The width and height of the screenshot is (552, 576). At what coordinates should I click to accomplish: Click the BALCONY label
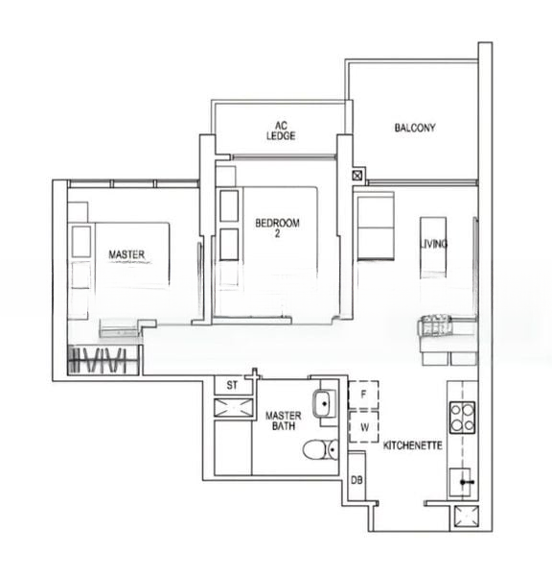415,128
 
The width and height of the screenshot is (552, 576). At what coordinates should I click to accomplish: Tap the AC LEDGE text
281,131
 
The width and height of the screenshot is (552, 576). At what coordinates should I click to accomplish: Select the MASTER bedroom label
126,254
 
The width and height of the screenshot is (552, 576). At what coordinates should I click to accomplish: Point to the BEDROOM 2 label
277,228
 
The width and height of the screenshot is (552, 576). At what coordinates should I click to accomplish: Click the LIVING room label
433,244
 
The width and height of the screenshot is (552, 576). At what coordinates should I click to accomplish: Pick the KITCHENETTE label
413,445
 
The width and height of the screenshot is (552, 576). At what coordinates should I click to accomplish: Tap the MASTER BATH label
283,420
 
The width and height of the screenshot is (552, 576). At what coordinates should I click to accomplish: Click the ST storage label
232,385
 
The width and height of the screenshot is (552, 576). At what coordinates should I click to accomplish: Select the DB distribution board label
356,480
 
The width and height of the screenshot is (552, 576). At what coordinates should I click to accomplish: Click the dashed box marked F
363,395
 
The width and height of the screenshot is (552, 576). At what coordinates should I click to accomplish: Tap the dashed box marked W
363,427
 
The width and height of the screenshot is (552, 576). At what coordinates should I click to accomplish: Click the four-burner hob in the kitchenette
463,418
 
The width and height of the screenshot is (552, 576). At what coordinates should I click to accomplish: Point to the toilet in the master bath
320,449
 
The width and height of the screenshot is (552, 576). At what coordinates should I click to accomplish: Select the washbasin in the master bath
324,403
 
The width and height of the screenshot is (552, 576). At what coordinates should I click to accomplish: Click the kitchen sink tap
467,482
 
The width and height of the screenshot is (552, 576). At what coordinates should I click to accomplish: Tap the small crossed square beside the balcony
357,176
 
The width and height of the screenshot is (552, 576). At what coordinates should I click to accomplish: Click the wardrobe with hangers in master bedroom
103,360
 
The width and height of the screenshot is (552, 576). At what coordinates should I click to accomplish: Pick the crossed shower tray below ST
234,407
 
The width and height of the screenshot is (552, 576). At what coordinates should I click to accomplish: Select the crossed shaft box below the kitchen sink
466,516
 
